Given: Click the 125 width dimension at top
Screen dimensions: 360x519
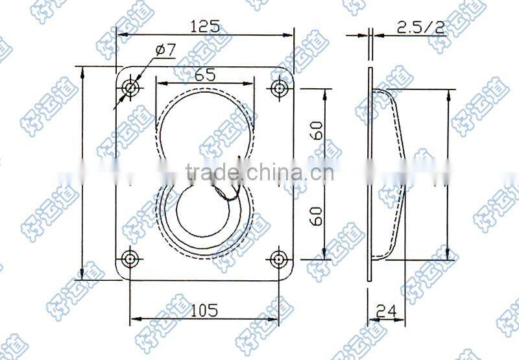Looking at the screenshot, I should tap(204, 27).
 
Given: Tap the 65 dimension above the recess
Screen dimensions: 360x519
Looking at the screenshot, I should tap(205, 74).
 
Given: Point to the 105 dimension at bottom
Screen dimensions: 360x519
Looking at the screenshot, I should tap(204, 309).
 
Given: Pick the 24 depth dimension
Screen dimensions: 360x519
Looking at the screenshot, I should tap(387, 311).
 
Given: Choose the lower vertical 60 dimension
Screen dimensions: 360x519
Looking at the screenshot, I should tap(316, 214).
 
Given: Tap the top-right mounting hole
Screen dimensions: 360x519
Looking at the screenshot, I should tap(280, 88).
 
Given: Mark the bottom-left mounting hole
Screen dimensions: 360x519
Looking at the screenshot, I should tap(132, 258).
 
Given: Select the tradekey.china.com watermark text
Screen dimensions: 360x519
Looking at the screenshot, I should tap(259, 173).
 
